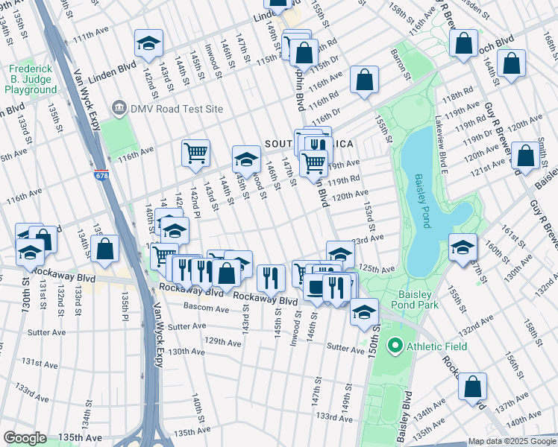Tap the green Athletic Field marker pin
click(x=395, y=346)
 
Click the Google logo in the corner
click(x=25, y=439)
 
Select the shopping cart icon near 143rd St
click(x=195, y=153)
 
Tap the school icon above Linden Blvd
click(x=148, y=44)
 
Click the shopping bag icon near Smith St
click(x=526, y=157)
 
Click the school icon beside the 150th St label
click(x=364, y=311)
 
